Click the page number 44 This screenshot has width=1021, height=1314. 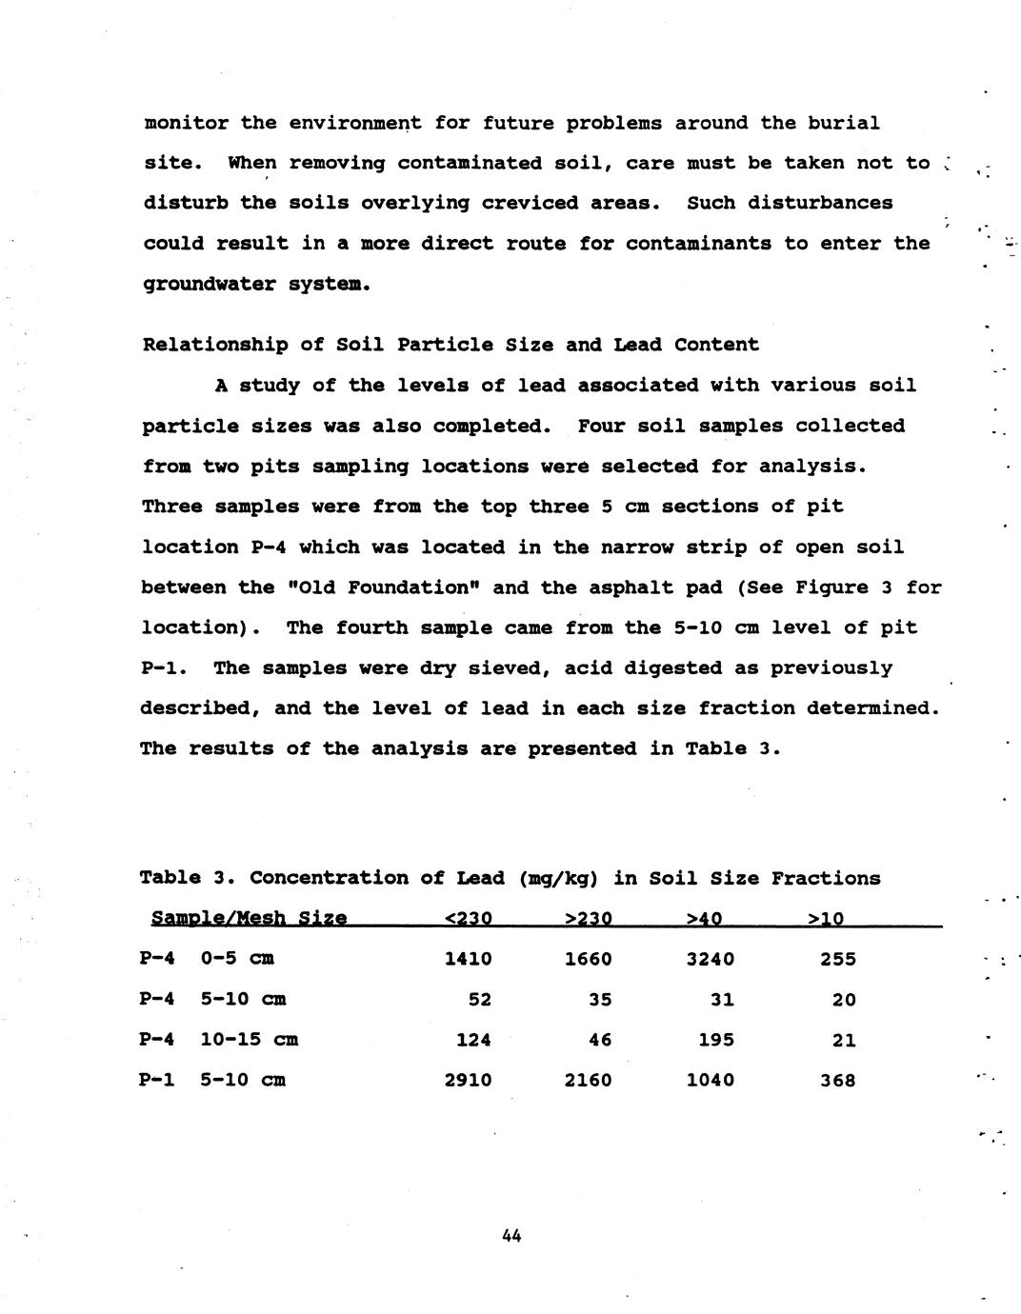[x=510, y=1236]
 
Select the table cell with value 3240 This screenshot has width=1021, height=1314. [x=710, y=959]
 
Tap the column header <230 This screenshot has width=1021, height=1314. [x=468, y=919]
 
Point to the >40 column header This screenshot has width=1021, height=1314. [x=704, y=919]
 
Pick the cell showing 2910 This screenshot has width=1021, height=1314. [x=468, y=1080]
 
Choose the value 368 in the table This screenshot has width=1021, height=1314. [x=837, y=1080]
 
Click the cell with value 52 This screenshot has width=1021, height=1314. [x=479, y=1000]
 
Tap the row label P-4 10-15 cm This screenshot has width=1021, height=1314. [x=219, y=1040]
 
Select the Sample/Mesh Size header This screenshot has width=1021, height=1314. [x=249, y=919]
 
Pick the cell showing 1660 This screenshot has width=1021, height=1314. [x=588, y=959]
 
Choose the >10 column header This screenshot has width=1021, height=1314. [x=825, y=919]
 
